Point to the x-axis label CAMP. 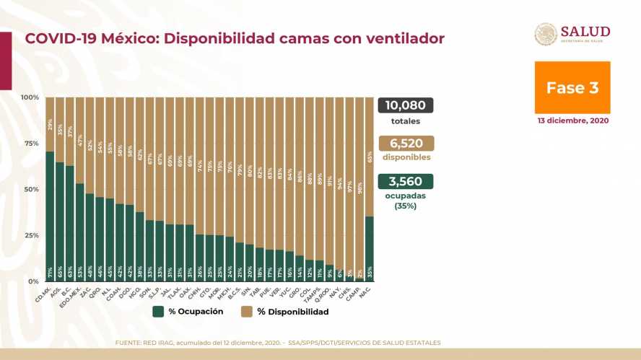[355, 291]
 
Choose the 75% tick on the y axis [31, 144]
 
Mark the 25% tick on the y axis [31, 236]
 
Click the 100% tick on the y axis [30, 97]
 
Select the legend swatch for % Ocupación [158, 312]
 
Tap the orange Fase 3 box [572, 88]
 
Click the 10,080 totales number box [405, 105]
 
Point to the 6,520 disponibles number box [405, 144]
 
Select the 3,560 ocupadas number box [405, 182]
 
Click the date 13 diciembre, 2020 [572, 120]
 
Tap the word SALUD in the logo [585, 32]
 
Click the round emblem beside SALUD [545, 35]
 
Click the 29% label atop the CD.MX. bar [50, 123]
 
